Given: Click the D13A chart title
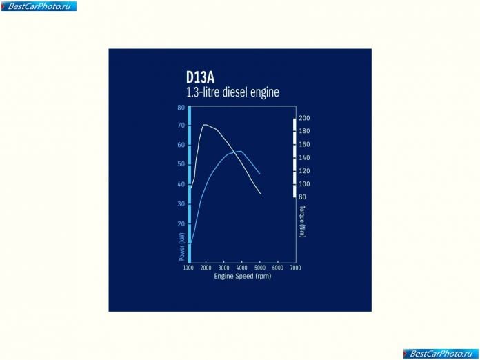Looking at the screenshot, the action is pyautogui.click(x=200, y=77).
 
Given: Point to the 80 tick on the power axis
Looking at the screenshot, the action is pyautogui.click(x=181, y=108).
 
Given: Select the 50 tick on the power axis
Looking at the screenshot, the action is pyautogui.click(x=181, y=164).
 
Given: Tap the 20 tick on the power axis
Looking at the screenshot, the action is pyautogui.click(x=181, y=223).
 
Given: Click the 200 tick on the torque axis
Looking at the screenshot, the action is pyautogui.click(x=304, y=118).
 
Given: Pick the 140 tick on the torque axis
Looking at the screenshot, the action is pyautogui.click(x=304, y=158).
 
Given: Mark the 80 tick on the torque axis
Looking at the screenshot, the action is pyautogui.click(x=302, y=197).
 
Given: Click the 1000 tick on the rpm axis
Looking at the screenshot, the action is pyautogui.click(x=188, y=268).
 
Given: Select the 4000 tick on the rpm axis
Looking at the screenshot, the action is pyautogui.click(x=242, y=268).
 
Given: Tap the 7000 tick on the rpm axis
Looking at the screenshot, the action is pyautogui.click(x=296, y=268).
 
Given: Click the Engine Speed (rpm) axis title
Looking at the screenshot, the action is pyautogui.click(x=243, y=276).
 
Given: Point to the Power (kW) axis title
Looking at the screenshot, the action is pyautogui.click(x=182, y=247).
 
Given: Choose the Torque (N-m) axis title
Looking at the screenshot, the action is pyautogui.click(x=303, y=221).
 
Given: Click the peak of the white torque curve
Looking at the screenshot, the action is pyautogui.click(x=205, y=125).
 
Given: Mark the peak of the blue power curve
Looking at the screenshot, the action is pyautogui.click(x=241, y=151).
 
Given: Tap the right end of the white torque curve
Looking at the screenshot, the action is pyautogui.click(x=260, y=194).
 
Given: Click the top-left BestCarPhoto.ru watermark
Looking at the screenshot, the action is pyautogui.click(x=39, y=6).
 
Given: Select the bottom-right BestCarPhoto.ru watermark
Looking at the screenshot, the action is pyautogui.click(x=441, y=354).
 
